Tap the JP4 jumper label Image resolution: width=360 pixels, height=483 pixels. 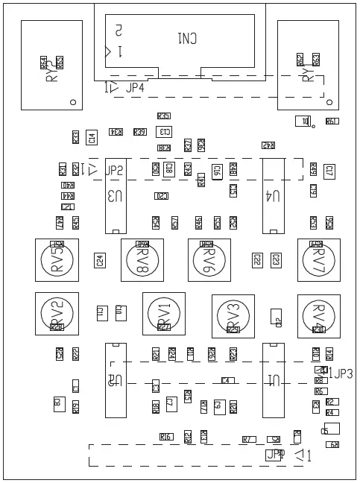136,88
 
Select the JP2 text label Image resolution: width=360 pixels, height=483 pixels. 115,171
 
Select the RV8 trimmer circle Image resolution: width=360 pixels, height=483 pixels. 142,260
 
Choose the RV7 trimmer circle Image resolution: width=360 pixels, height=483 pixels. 318,260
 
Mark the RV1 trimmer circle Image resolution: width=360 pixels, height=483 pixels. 163,313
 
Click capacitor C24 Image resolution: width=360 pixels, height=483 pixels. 99,260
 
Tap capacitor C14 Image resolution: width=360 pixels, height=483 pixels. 92,137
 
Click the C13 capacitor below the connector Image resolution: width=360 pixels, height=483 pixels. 164,131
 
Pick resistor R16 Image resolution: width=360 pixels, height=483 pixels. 165,437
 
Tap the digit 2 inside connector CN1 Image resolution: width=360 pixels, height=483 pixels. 118,31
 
